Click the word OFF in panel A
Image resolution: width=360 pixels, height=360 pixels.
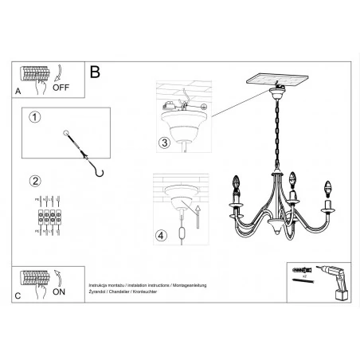pos(61,88)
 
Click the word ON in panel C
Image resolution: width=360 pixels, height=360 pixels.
pos(58,291)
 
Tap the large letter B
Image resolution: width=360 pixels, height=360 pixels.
pos(95,72)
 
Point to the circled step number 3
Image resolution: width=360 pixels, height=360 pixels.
pos(163,143)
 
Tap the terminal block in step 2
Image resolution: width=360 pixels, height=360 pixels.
pos(45,216)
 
